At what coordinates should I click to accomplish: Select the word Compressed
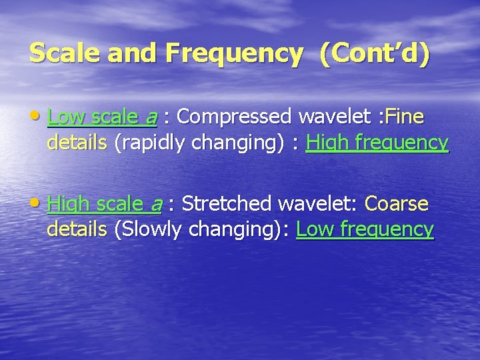coord(236,117)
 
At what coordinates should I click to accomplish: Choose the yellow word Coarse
coord(397,203)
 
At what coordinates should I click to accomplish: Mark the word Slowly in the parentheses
coord(150,229)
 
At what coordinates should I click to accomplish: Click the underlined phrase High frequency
coord(377,143)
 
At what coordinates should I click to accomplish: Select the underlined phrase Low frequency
coord(365,229)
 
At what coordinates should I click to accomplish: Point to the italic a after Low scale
coord(151,118)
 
